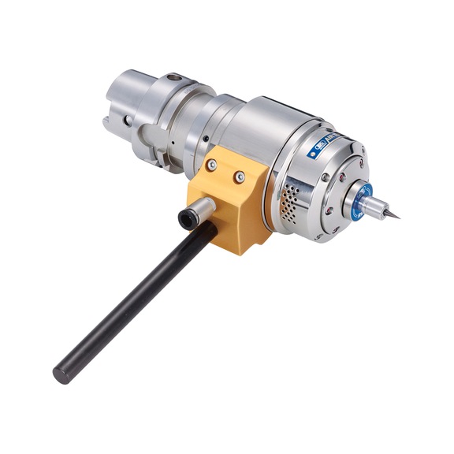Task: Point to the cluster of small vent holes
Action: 290,199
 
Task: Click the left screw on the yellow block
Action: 212,166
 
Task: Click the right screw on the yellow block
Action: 240,178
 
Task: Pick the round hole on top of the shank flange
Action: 173,78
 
